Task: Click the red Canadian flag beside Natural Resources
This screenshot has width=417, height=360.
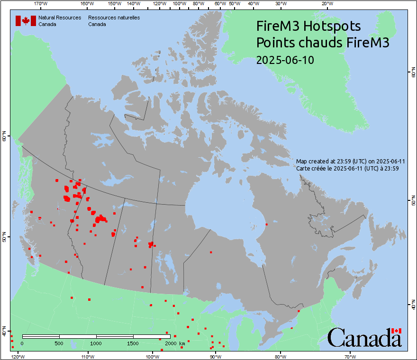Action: coord(26,20)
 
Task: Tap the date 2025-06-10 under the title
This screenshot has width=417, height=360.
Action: coord(285,60)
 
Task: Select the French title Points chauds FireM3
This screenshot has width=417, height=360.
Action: coord(322,43)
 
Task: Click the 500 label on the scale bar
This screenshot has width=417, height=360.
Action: coord(59,343)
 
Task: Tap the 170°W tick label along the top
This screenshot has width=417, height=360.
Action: coord(41,4)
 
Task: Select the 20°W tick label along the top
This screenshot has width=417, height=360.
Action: coord(326,4)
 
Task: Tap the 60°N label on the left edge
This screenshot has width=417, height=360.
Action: coord(4,137)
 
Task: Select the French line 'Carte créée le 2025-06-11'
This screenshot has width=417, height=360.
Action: coord(346,168)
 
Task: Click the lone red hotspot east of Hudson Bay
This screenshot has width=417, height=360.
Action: coord(266,224)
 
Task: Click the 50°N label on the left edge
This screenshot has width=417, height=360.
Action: coord(4,236)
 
